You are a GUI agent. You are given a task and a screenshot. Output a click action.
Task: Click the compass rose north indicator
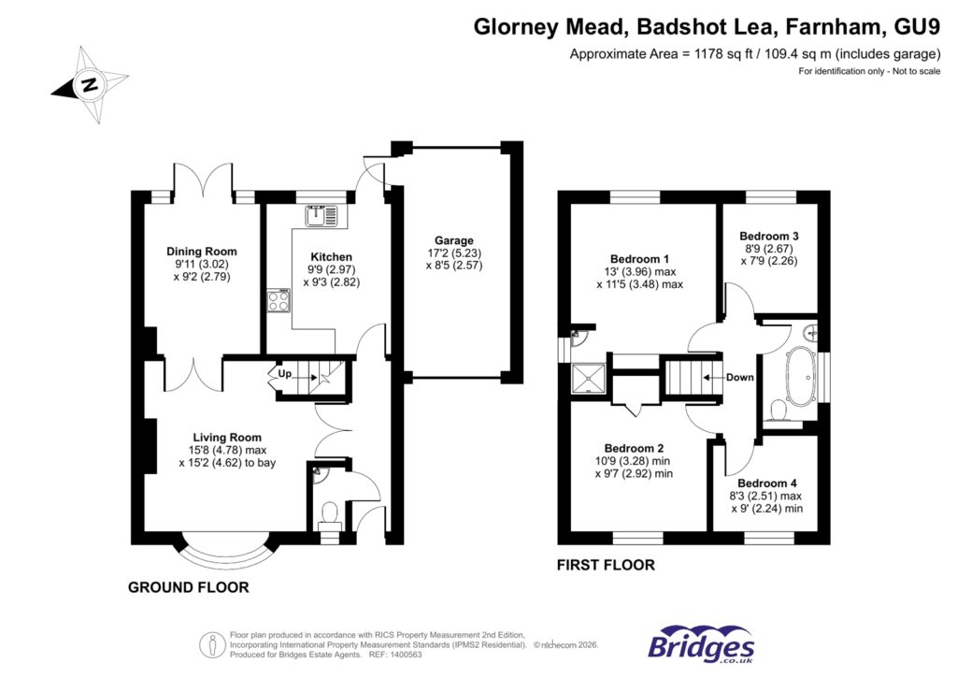tap(89, 85)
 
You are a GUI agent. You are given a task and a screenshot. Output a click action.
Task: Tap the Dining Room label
tap(202, 252)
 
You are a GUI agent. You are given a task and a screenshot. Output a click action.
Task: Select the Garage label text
tap(453, 240)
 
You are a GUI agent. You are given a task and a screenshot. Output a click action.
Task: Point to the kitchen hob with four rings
tap(279, 301)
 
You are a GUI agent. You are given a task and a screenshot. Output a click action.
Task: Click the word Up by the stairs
tap(283, 374)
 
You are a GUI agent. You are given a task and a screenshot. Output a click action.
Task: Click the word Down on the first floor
tap(740, 379)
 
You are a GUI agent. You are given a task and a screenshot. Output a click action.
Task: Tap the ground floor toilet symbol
tap(330, 513)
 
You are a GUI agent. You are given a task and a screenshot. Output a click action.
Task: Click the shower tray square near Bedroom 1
tap(590, 379)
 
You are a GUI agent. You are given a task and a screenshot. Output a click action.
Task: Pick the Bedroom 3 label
tap(768, 237)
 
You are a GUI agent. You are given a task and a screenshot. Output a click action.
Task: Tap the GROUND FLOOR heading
tap(189, 588)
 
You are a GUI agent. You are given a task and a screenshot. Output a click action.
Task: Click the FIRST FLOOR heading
tap(606, 565)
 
